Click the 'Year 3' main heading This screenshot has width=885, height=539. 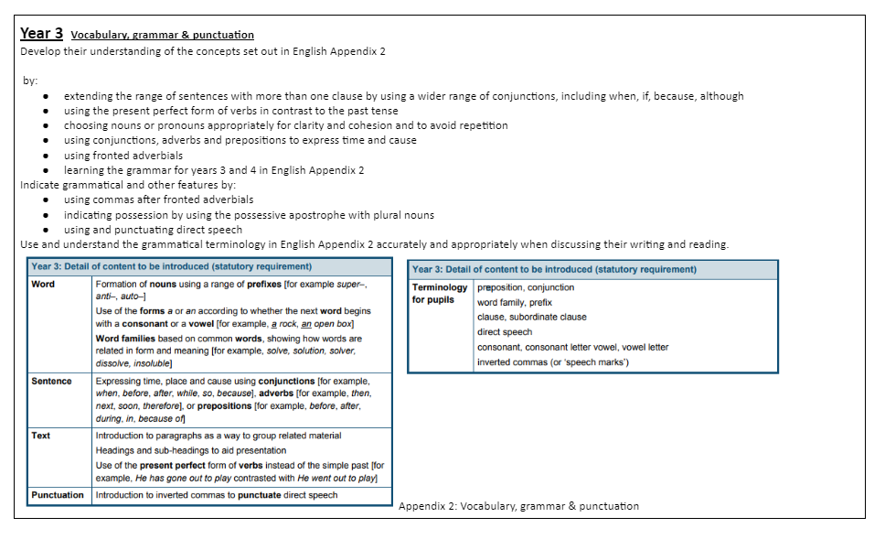pyautogui.click(x=41, y=33)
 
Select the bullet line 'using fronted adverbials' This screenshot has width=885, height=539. pyautogui.click(x=123, y=156)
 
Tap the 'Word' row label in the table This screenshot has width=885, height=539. pyautogui.click(x=43, y=285)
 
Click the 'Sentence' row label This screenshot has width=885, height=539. pyautogui.click(x=51, y=381)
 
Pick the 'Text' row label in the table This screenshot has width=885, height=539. pyautogui.click(x=41, y=436)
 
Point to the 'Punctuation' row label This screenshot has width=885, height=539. pyautogui.click(x=58, y=495)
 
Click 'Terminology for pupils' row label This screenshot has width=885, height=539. pyautogui.click(x=440, y=293)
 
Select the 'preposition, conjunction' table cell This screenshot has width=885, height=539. pyautogui.click(x=526, y=287)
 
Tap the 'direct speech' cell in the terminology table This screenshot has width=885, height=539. pyautogui.click(x=504, y=332)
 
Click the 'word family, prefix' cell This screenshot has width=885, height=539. pyautogui.click(x=515, y=302)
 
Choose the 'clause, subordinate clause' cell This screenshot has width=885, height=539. pyautogui.click(x=531, y=317)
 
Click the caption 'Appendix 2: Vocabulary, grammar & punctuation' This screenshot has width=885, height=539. pyautogui.click(x=518, y=506)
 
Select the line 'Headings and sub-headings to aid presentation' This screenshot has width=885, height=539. pyautogui.click(x=190, y=450)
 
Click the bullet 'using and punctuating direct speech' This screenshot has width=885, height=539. pyautogui.click(x=153, y=230)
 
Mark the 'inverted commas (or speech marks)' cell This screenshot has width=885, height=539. pyautogui.click(x=552, y=362)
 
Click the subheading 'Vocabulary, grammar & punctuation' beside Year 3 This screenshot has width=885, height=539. pyautogui.click(x=162, y=35)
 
